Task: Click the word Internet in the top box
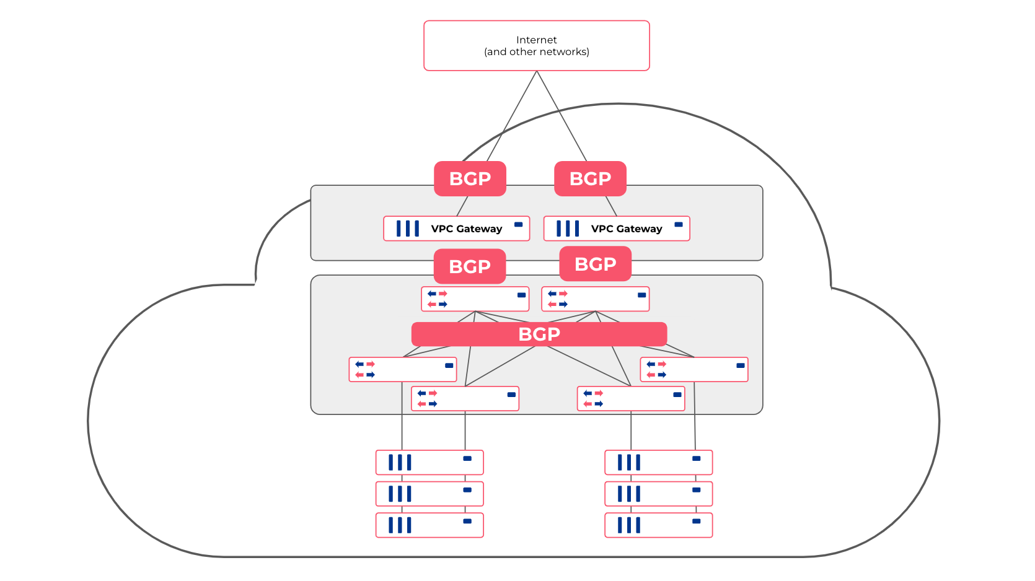[x=536, y=40]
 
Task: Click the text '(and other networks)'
[x=536, y=52]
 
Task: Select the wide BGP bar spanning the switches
[x=539, y=334]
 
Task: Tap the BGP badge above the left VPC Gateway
[x=470, y=178]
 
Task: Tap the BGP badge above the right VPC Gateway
[x=590, y=178]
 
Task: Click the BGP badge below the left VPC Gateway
[x=470, y=266]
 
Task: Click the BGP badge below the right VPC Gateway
[x=595, y=264]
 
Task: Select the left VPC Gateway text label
[x=466, y=229]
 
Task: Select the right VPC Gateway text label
[x=626, y=229]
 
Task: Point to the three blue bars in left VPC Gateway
[x=408, y=229]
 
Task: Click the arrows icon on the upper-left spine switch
[x=437, y=299]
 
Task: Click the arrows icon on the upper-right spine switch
[x=557, y=299]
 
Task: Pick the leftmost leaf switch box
[x=403, y=369]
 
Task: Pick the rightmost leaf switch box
[x=694, y=369]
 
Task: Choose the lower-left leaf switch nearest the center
[x=465, y=398]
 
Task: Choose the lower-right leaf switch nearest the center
[x=630, y=398]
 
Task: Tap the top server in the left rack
[x=429, y=462]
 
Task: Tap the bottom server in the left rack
[x=429, y=525]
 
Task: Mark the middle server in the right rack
[x=658, y=494]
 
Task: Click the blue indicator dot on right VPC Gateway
[x=679, y=224]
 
